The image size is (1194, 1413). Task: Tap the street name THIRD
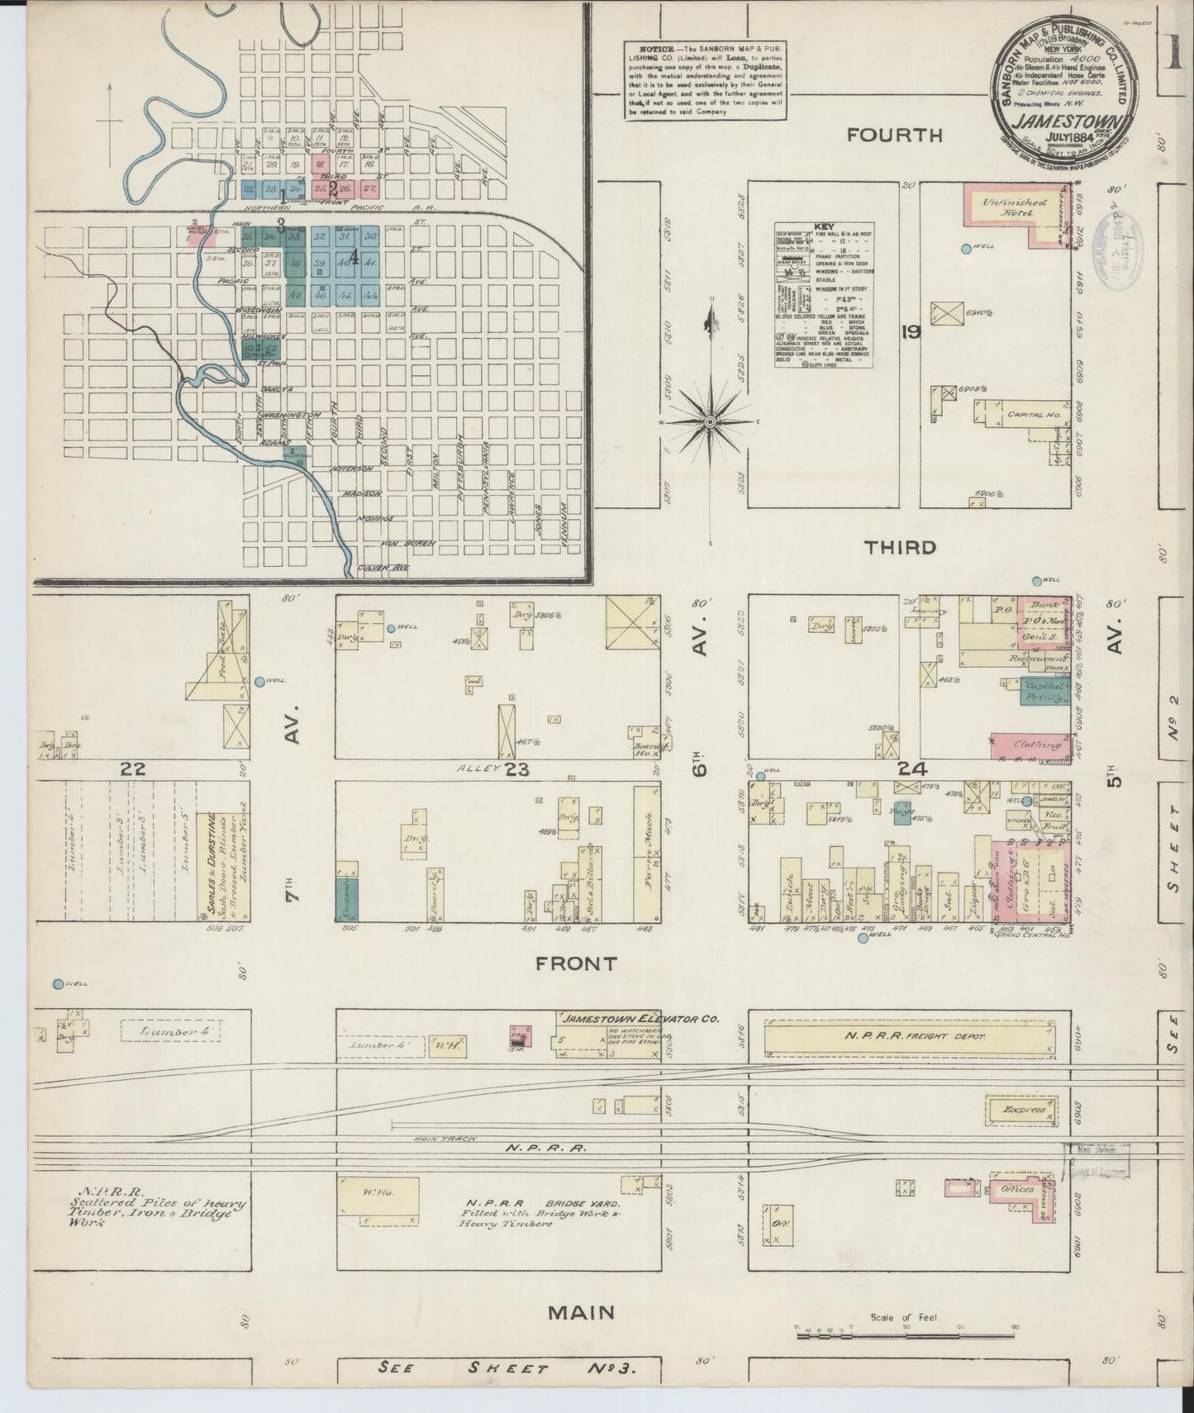click(900, 547)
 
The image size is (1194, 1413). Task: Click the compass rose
click(709, 422)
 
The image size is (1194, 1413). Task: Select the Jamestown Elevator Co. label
click(617, 1018)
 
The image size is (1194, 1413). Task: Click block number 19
click(911, 334)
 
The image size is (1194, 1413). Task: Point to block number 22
click(133, 769)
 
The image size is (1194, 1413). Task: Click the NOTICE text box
click(705, 80)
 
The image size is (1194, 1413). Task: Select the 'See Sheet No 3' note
click(507, 1368)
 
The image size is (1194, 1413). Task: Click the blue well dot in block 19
click(965, 248)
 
